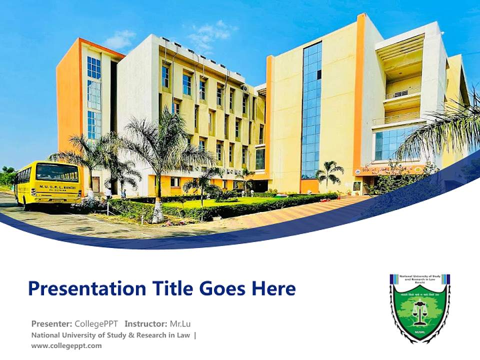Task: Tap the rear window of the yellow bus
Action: (x=56, y=172)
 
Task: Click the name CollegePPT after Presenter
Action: (x=97, y=323)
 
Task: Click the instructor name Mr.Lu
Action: (x=179, y=323)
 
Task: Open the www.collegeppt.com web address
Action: (x=66, y=345)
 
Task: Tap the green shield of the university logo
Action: (x=420, y=315)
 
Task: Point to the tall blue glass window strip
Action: (x=311, y=110)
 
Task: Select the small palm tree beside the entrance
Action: (x=329, y=174)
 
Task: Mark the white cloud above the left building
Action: (x=120, y=39)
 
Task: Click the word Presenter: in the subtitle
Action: (x=52, y=323)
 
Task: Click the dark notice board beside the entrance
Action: (x=357, y=185)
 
